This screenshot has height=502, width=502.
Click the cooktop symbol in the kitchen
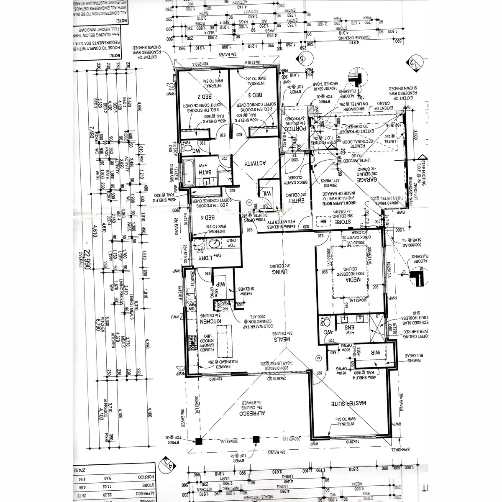193,343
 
